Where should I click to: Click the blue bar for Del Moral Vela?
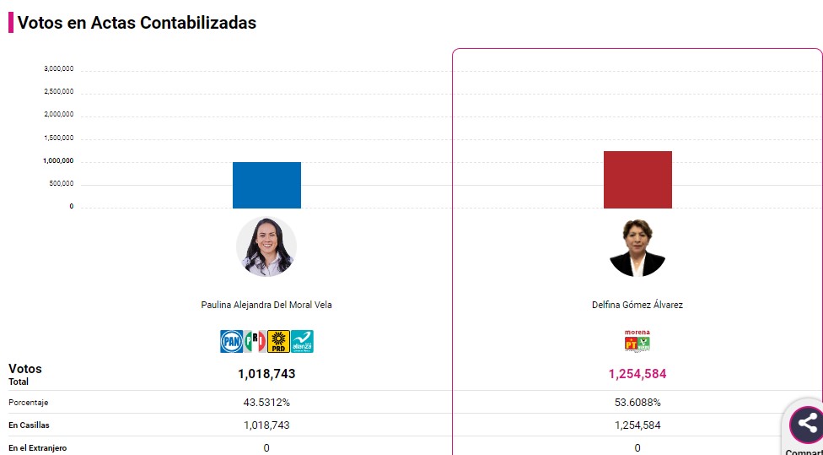pos(266,185)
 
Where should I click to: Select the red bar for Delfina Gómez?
pos(637,180)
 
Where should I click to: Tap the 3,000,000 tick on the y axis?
pos(58,68)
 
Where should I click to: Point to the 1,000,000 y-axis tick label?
pos(58,160)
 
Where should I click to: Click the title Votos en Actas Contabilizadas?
pos(137,23)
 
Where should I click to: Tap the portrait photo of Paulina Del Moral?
pos(266,246)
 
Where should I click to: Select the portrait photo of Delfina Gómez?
pos(637,247)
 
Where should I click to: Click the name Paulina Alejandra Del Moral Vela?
pos(266,305)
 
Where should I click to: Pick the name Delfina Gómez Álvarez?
pos(637,305)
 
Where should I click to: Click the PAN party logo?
pos(231,341)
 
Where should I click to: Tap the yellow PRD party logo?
pos(278,341)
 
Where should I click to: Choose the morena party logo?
pos(637,334)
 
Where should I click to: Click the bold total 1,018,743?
pos(266,373)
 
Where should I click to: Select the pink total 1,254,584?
pos(637,373)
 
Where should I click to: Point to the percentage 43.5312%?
pos(266,403)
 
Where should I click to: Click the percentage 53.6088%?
pos(637,403)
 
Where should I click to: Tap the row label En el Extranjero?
pos(38,448)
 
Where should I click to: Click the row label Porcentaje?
pos(30,403)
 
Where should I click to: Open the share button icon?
pos(807,425)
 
